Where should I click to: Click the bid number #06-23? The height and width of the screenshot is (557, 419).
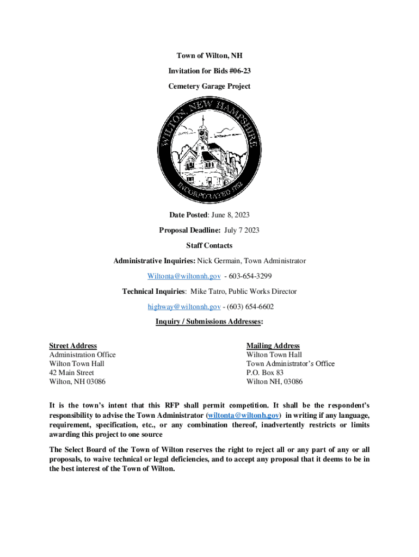(239, 71)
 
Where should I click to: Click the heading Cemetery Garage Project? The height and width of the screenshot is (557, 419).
(209, 86)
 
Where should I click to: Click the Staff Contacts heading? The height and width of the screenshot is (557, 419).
(209, 246)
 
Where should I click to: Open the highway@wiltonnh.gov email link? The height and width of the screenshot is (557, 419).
(184, 307)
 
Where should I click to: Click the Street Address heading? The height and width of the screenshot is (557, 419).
(73, 346)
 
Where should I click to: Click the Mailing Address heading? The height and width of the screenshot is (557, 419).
(273, 346)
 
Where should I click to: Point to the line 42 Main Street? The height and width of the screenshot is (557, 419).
(71, 373)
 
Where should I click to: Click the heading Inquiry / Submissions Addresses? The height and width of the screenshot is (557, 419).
(209, 322)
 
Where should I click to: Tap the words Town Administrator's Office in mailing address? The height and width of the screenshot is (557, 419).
(291, 363)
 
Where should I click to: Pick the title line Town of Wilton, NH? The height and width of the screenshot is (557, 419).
(209, 55)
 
